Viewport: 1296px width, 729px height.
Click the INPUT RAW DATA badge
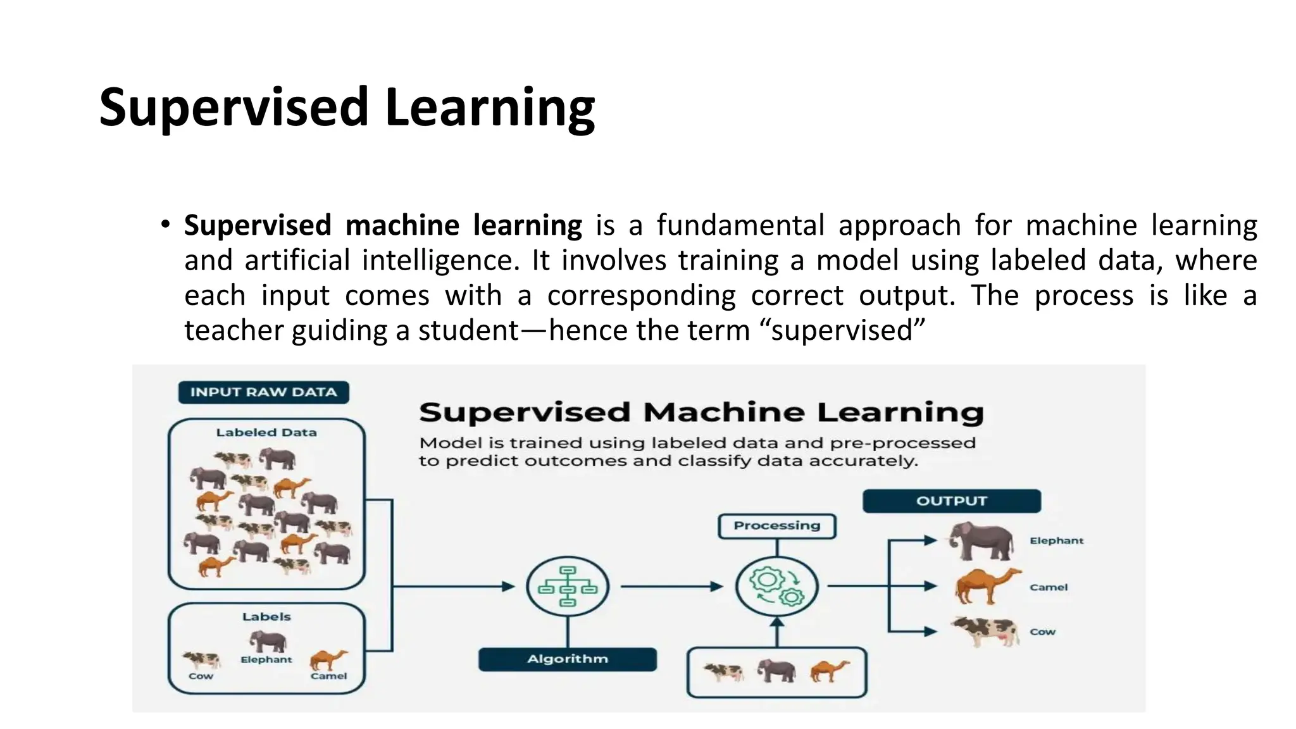(x=263, y=392)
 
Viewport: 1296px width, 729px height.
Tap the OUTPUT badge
(x=951, y=501)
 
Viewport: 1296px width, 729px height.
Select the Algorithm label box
(x=567, y=659)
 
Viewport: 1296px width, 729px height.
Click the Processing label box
(x=776, y=526)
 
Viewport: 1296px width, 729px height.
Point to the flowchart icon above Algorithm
(x=568, y=587)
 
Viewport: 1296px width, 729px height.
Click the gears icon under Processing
(x=776, y=587)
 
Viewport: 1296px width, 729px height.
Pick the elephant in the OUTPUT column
(x=981, y=541)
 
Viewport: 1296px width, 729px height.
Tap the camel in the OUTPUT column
(x=985, y=586)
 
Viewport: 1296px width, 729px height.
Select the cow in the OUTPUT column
(x=985, y=631)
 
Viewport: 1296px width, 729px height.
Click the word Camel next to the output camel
(x=1048, y=587)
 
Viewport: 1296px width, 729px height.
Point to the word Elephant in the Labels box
(x=266, y=659)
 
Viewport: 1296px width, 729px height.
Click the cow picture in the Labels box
(x=201, y=660)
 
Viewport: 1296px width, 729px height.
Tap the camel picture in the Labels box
(x=328, y=659)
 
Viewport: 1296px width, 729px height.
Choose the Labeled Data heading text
(x=266, y=433)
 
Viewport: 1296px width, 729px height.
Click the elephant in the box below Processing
(x=776, y=671)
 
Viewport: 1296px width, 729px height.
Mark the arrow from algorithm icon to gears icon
(x=671, y=587)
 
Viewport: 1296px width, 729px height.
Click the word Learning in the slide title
(x=489, y=107)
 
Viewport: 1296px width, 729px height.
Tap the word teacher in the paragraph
(x=234, y=330)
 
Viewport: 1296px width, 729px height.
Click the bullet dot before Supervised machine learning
(x=165, y=224)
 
